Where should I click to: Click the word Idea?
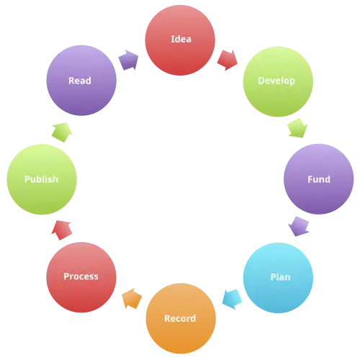181,39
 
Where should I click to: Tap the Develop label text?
276,81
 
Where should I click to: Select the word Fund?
319,179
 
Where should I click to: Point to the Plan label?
280,277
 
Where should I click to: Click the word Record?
180,318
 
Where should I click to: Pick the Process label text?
81,276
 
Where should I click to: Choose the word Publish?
41,179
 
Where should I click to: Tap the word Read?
80,81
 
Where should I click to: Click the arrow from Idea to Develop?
228,60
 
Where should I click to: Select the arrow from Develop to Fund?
298,128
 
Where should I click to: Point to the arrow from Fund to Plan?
299,227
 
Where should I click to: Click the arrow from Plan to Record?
232,300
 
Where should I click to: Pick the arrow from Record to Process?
132,298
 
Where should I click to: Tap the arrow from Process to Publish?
62,230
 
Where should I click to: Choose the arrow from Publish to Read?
62,132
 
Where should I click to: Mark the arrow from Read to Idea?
128,60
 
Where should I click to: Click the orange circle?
181,318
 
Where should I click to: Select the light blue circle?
278,278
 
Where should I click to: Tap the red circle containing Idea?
180,40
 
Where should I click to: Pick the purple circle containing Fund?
319,179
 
